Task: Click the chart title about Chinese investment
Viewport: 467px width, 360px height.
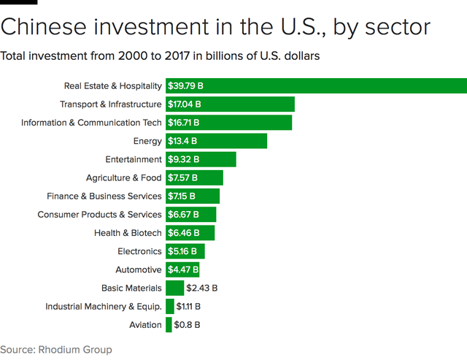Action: pyautogui.click(x=215, y=26)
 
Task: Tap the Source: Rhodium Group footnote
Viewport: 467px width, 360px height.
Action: pyautogui.click(x=56, y=350)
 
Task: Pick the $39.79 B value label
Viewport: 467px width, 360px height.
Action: pyautogui.click(x=186, y=86)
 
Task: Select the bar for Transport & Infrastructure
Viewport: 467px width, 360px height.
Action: pyautogui.click(x=230, y=104)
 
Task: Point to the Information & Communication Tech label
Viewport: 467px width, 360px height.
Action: pyautogui.click(x=91, y=123)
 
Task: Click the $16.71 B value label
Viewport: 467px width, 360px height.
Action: pyautogui.click(x=184, y=123)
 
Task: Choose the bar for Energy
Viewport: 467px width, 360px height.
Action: pyautogui.click(x=216, y=141)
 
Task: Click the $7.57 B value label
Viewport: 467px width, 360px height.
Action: pyautogui.click(x=183, y=177)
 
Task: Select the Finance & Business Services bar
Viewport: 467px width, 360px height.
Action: pyautogui.click(x=193, y=196)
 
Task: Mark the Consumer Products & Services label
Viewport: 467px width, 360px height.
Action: pyautogui.click(x=99, y=215)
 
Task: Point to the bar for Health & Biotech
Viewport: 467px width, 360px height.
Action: pyautogui.click(x=190, y=233)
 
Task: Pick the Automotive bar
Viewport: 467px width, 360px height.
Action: pyautogui.click(x=182, y=269)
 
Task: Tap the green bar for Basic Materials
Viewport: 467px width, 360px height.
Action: pyautogui.click(x=174, y=288)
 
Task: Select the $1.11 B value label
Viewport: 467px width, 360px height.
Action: pyautogui.click(x=188, y=307)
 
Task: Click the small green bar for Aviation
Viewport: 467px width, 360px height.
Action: pyautogui.click(x=169, y=325)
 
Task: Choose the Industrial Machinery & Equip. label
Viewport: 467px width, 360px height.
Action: pyautogui.click(x=104, y=307)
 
